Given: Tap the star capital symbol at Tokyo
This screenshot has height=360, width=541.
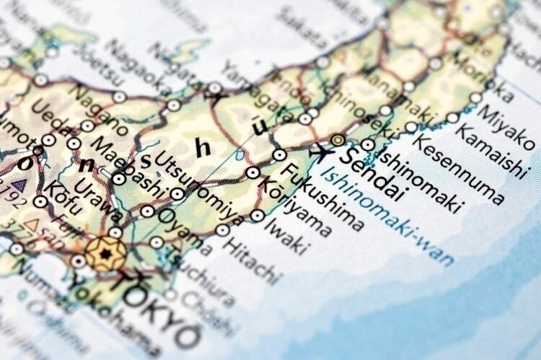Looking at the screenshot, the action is click(x=105, y=254).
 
